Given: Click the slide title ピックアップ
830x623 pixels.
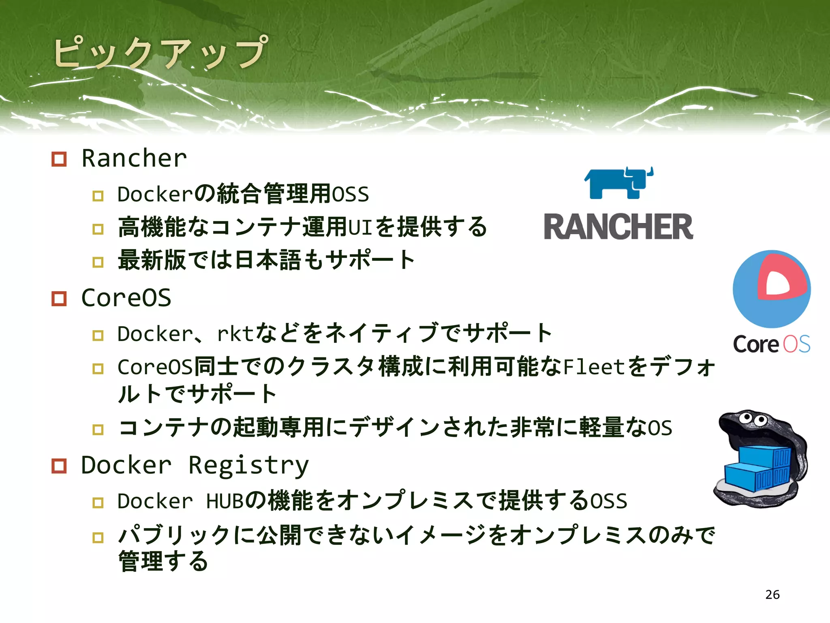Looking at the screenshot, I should (x=160, y=53).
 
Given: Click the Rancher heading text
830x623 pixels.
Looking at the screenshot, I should (x=134, y=158).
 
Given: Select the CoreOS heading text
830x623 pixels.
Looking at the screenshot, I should (x=126, y=298).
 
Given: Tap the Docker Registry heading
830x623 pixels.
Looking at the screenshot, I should (x=195, y=465).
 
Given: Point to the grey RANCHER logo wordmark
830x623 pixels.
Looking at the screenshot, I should (x=618, y=227).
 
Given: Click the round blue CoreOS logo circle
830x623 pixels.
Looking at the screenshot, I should (x=771, y=289).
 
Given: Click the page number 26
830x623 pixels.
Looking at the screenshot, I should (x=772, y=595).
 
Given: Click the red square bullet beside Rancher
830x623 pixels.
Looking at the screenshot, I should (x=59, y=159).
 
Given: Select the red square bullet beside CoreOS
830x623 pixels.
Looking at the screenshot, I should (x=59, y=299).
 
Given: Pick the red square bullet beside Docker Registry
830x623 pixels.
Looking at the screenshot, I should (x=59, y=466).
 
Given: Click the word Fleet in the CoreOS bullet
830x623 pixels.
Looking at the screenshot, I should (x=593, y=367).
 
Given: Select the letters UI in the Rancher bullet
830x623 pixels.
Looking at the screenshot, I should (x=360, y=227).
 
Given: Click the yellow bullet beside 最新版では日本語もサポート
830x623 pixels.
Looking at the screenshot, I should (x=98, y=262).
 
